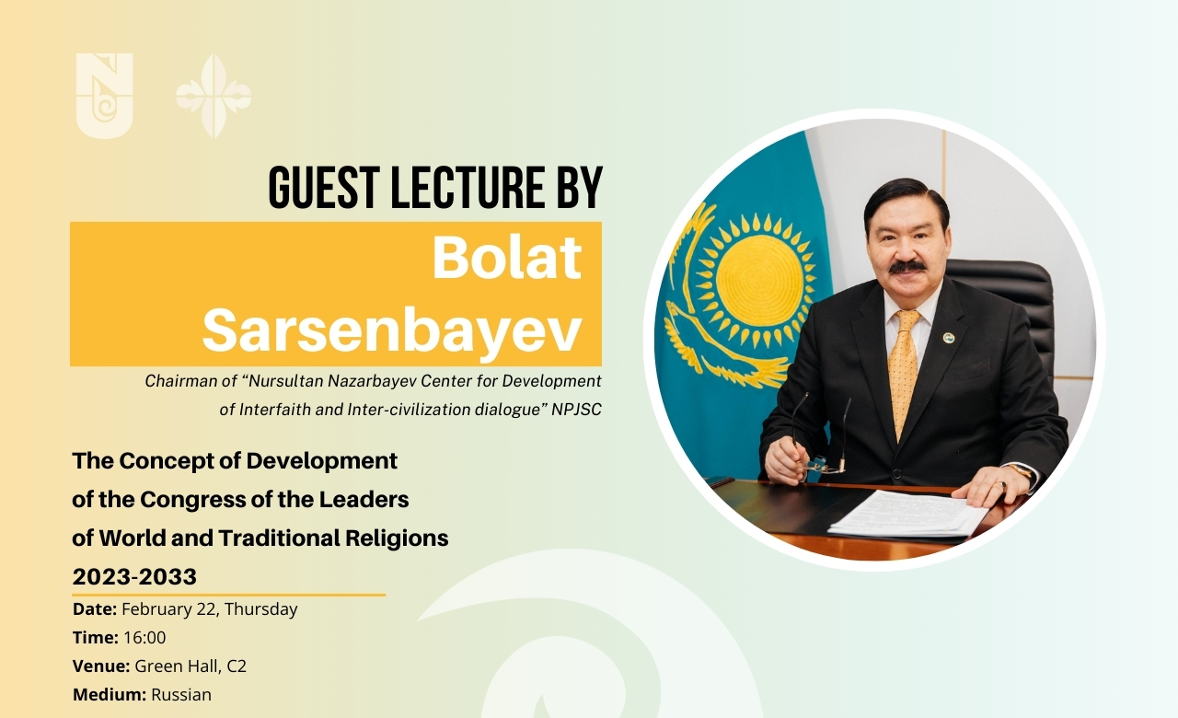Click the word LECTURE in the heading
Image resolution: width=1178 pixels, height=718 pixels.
(468, 188)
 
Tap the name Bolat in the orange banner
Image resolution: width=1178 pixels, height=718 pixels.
(507, 258)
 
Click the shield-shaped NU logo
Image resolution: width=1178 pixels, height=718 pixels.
(104, 96)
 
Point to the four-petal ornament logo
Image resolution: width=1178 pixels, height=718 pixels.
(214, 97)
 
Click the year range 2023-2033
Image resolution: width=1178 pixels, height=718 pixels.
(134, 577)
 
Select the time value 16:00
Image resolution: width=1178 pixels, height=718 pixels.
(144, 638)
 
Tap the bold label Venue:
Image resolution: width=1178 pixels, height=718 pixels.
(101, 666)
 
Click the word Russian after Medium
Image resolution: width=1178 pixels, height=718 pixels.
(181, 695)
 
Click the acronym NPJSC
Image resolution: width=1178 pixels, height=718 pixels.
(576, 410)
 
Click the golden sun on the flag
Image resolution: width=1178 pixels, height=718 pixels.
(759, 279)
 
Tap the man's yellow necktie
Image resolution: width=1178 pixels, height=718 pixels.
(904, 368)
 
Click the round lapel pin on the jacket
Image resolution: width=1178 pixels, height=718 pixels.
(949, 338)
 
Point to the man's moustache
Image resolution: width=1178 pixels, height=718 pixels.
(907, 267)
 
